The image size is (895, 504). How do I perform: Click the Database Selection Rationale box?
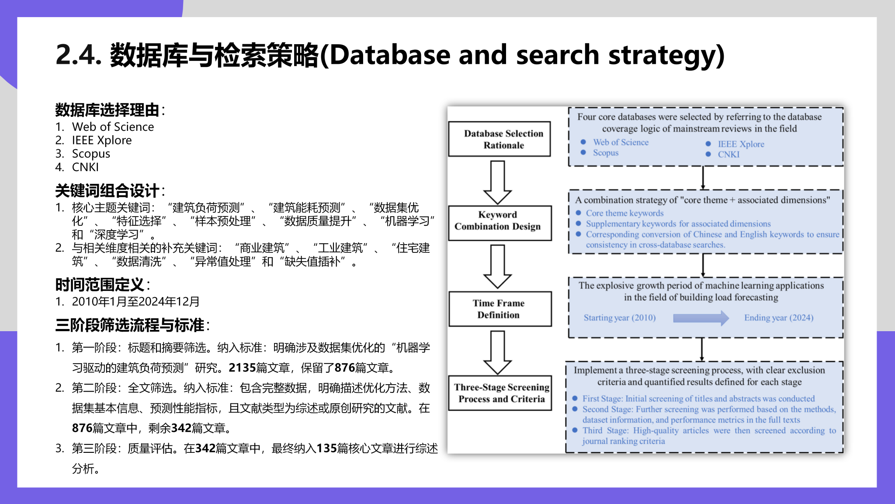coord(500,139)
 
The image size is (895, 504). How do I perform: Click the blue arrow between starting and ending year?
coord(701,318)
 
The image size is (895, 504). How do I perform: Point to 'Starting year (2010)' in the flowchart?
coord(620,318)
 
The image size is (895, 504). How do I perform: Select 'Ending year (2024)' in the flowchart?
coord(779,318)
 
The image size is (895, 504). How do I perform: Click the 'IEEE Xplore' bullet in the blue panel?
coord(741,144)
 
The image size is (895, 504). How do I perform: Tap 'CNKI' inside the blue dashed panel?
coord(728,154)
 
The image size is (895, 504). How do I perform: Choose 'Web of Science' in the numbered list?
coord(113,127)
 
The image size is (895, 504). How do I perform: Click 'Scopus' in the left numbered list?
coord(91,154)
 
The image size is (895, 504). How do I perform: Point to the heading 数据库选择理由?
coord(107,110)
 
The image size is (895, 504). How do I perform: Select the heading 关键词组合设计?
coord(107,191)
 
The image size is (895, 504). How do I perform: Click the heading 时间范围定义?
coord(100,285)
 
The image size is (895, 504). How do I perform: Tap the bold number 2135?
coord(242,368)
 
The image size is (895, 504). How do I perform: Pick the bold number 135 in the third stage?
coord(326,448)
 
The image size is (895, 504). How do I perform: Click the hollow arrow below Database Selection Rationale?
coord(497,182)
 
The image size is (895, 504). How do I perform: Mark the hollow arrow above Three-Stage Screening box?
coord(497,353)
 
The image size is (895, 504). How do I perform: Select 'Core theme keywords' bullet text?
coord(624,213)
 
